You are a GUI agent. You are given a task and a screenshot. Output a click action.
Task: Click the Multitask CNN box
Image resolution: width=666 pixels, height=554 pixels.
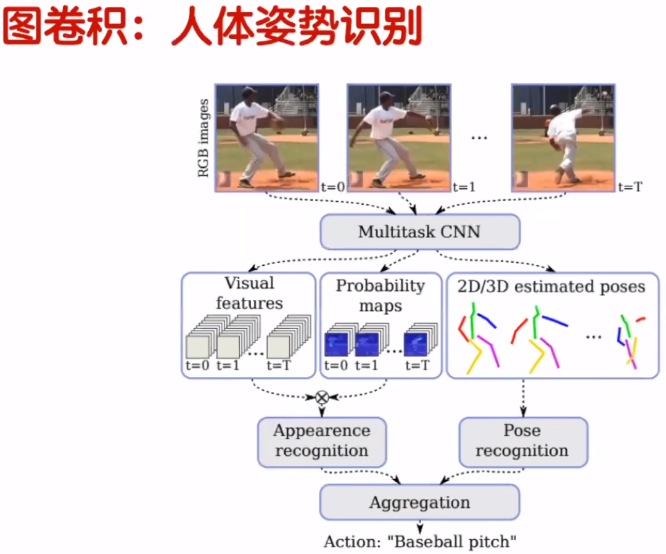pyautogui.click(x=420, y=232)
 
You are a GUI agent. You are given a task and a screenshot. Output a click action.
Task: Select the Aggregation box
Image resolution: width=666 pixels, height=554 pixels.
pyautogui.click(x=419, y=502)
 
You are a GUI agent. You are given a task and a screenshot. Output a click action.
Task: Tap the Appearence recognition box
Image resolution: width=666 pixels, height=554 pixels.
pyautogui.click(x=321, y=440)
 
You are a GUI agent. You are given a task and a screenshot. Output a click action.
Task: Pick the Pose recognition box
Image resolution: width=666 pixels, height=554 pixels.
pyautogui.click(x=522, y=440)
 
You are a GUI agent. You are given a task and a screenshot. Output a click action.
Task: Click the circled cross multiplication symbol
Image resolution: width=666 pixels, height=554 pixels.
pyautogui.click(x=321, y=397)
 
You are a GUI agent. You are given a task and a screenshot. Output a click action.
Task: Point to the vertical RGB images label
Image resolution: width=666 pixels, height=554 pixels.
pyautogui.click(x=203, y=137)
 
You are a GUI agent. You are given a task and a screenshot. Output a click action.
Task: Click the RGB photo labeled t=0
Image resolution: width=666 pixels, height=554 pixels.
pyautogui.click(x=266, y=137)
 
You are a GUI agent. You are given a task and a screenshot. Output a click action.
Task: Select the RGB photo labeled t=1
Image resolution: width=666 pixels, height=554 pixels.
pyautogui.click(x=398, y=137)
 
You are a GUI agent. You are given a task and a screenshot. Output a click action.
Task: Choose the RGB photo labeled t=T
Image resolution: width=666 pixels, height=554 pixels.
pyautogui.click(x=562, y=137)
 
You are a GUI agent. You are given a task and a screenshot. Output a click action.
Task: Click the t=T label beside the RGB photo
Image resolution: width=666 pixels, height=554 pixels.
pyautogui.click(x=630, y=186)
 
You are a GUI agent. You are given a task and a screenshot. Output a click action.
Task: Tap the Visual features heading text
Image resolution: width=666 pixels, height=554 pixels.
pyautogui.click(x=249, y=293)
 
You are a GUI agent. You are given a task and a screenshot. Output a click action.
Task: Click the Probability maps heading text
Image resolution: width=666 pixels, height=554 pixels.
pyautogui.click(x=380, y=296)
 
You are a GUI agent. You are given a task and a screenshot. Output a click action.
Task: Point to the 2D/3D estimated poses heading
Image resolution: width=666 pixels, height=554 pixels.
pyautogui.click(x=551, y=287)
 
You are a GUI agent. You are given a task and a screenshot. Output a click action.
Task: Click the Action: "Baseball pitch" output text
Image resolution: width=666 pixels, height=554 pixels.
pyautogui.click(x=420, y=542)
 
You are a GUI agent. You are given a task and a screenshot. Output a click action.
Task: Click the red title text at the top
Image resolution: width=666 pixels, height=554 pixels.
pyautogui.click(x=212, y=27)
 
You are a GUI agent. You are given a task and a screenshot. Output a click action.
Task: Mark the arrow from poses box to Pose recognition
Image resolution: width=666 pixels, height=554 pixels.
pyautogui.click(x=524, y=397)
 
